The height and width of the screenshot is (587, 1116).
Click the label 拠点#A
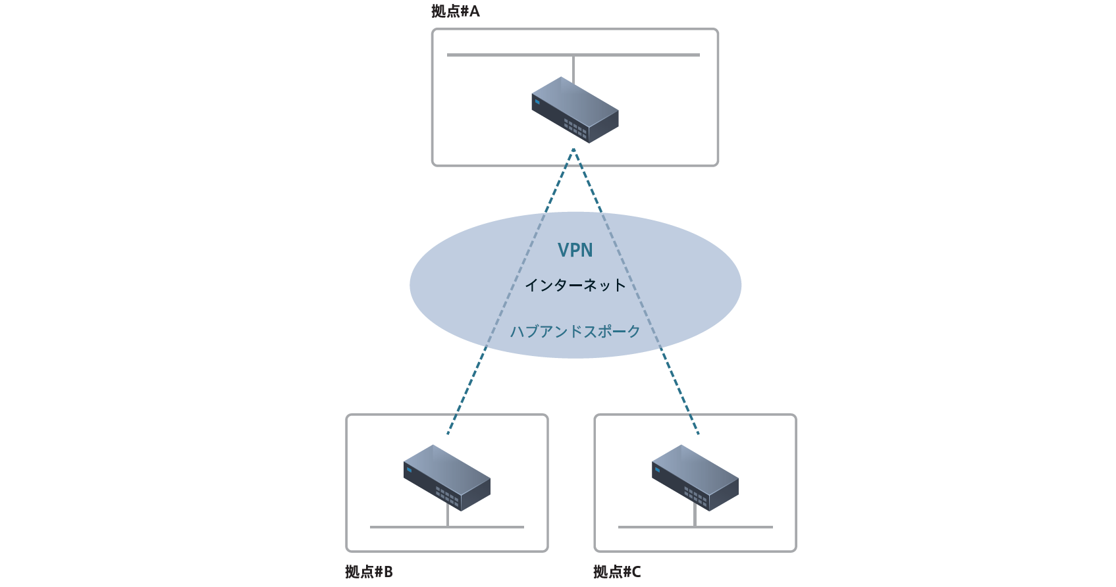456,11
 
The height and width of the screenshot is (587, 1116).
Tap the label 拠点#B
369,572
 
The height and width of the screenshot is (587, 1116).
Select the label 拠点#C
617,572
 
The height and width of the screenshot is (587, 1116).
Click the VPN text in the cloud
575,251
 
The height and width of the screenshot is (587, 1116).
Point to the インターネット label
575,285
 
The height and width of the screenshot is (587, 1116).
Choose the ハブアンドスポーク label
575,331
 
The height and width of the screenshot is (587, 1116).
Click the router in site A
575,110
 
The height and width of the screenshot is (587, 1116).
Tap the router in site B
447,478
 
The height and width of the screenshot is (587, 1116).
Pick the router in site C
695,478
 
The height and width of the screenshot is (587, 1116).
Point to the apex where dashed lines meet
573,150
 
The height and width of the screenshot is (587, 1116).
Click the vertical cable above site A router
573,68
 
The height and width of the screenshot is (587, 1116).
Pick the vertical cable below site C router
695,518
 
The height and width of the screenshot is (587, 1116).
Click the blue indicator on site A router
537,102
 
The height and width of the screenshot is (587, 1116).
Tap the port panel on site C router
695,494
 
